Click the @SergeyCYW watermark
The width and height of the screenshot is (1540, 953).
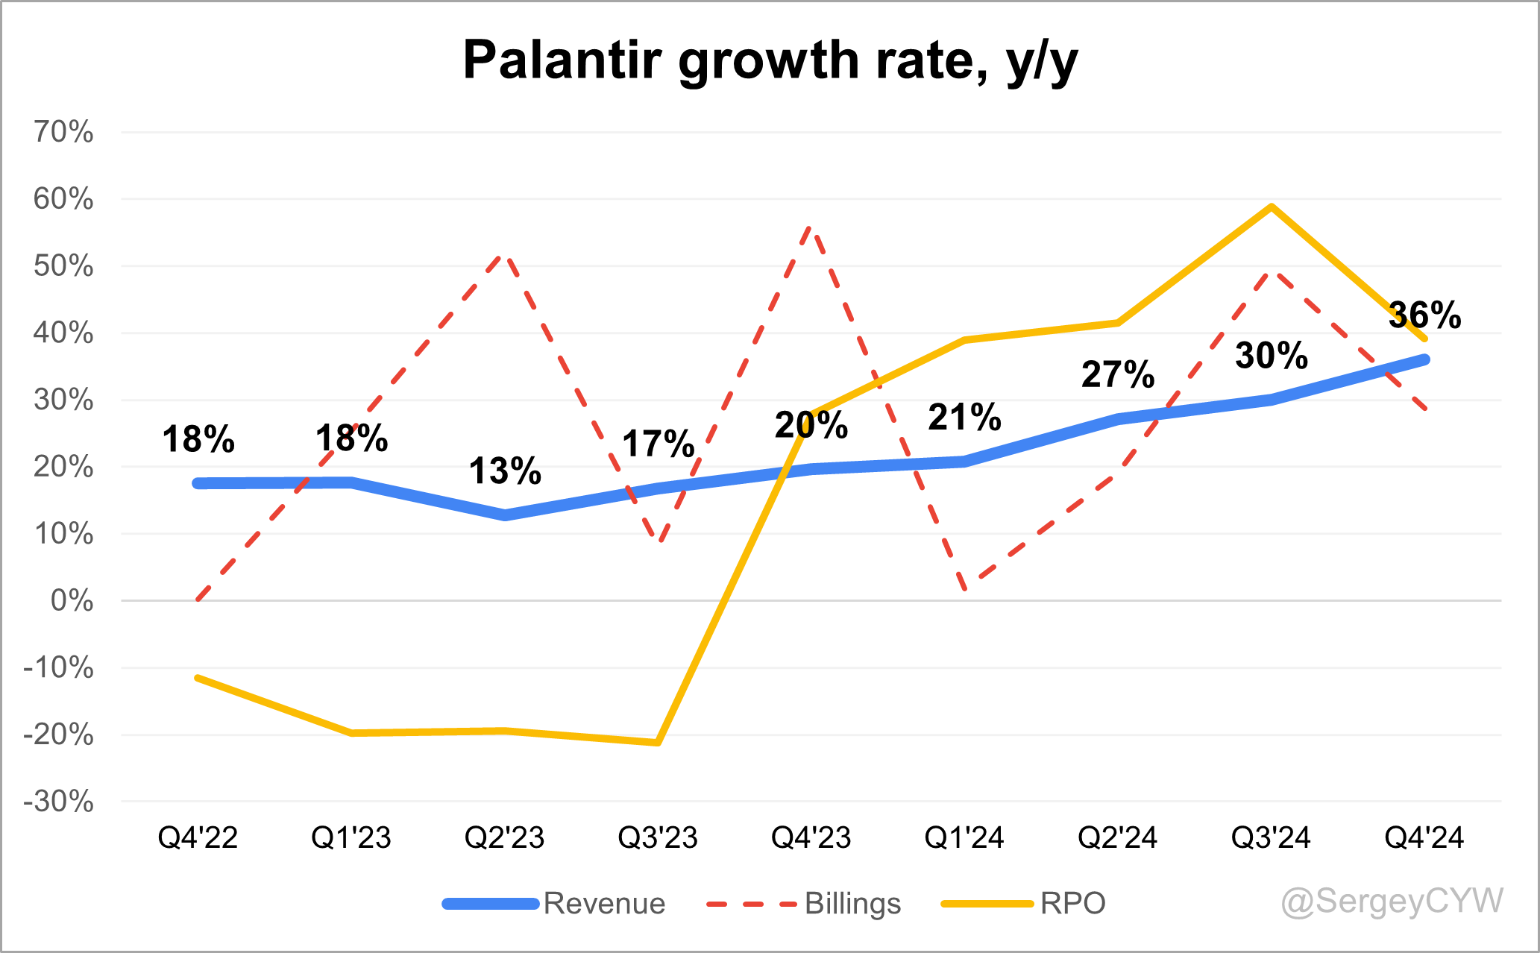pos(1392,901)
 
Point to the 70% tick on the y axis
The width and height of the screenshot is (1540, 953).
pos(63,133)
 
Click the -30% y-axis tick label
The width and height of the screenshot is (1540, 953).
pos(59,802)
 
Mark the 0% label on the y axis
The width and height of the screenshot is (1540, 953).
pos(72,601)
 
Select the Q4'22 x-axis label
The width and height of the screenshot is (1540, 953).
pos(198,838)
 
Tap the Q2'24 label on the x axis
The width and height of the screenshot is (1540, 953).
pos(1117,838)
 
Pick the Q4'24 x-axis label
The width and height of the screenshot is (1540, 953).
pos(1424,838)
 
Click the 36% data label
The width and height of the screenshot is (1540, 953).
pos(1424,315)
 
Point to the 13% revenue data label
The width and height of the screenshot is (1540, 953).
pos(505,471)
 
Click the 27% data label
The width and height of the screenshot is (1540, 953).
pos(1117,374)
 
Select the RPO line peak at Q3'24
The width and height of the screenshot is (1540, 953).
pos(1271,207)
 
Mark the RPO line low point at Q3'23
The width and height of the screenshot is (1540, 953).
pos(658,743)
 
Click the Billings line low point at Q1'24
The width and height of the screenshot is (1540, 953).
pos(965,588)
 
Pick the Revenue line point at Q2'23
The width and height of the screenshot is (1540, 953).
pos(505,515)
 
